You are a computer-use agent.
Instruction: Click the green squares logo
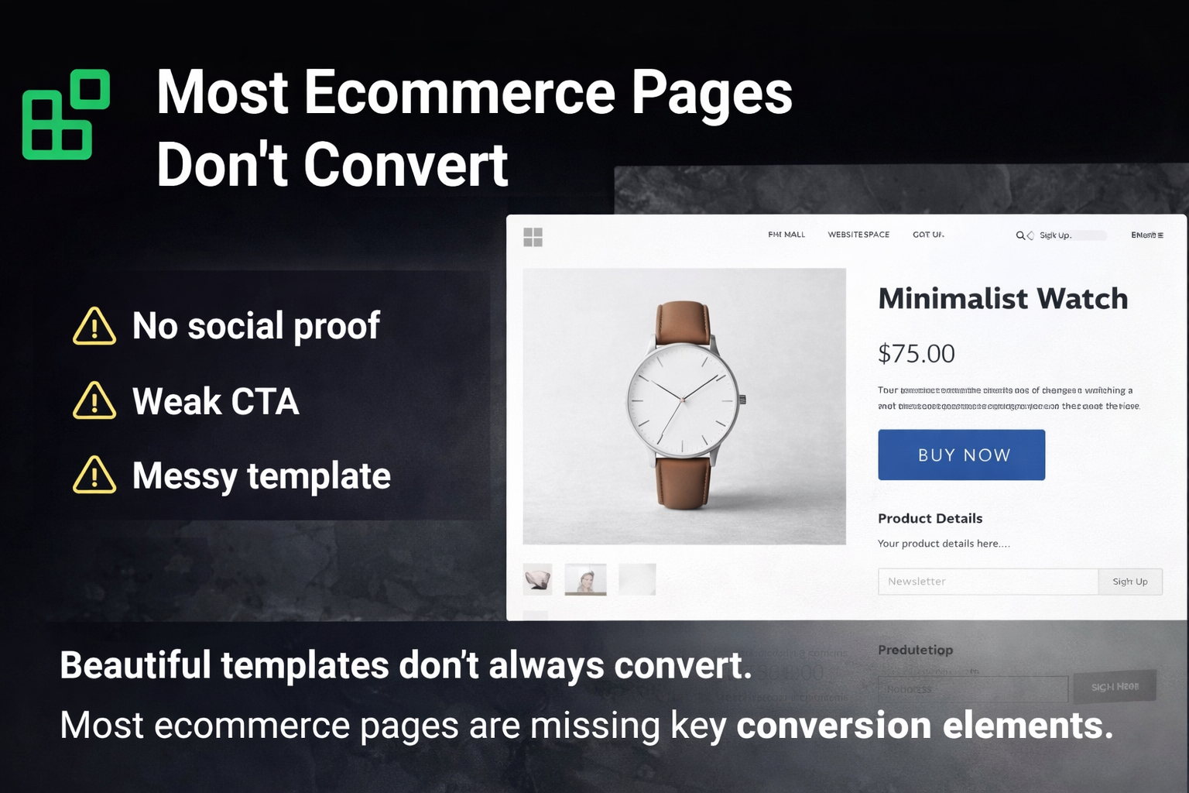click(66, 115)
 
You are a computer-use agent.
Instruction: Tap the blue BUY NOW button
click(961, 455)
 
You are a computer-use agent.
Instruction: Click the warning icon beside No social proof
click(94, 326)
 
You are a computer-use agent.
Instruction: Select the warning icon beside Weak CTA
click(94, 401)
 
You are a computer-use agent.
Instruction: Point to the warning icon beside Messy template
click(94, 475)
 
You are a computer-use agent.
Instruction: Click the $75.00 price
click(917, 354)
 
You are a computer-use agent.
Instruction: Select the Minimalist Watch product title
click(1002, 299)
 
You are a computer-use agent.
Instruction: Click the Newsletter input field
click(987, 582)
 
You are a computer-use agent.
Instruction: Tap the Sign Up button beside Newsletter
click(1129, 582)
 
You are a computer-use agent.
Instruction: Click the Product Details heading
click(930, 519)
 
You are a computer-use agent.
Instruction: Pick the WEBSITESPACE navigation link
click(858, 235)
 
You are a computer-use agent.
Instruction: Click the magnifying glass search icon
click(1020, 235)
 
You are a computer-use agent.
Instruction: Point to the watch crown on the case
click(742, 400)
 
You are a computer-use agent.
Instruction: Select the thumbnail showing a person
click(585, 579)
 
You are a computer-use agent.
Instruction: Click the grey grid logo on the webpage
click(533, 237)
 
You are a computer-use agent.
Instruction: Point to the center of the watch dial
click(681, 400)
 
